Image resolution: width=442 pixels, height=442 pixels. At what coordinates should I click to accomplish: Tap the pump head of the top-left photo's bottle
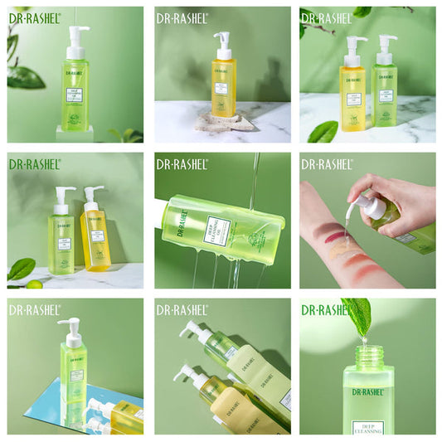pos(78,33)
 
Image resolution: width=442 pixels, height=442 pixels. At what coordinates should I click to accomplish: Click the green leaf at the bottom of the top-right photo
pos(323,132)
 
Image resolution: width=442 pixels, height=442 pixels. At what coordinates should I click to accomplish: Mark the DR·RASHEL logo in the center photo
pos(182,163)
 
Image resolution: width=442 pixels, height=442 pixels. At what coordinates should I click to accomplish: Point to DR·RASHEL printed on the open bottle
pos(367,392)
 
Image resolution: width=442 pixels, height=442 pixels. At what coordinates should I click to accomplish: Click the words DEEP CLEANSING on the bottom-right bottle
pos(367,425)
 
